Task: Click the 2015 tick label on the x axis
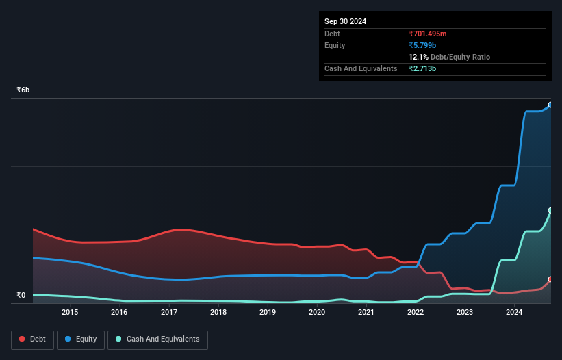[70, 312]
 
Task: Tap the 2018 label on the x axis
[218, 312]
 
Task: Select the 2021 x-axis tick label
[366, 312]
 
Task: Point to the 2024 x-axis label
[514, 312]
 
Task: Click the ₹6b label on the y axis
[23, 90]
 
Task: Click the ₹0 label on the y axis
[21, 296]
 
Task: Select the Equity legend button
[81, 339]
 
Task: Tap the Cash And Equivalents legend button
[157, 339]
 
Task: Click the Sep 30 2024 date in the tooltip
[345, 21]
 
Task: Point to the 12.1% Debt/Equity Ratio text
[449, 57]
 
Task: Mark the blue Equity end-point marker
[550, 105]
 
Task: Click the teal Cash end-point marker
[550, 210]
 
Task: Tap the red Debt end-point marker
[550, 279]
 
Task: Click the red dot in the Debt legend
[22, 339]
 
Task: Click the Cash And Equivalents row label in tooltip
[361, 68]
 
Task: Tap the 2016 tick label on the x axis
[119, 312]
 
